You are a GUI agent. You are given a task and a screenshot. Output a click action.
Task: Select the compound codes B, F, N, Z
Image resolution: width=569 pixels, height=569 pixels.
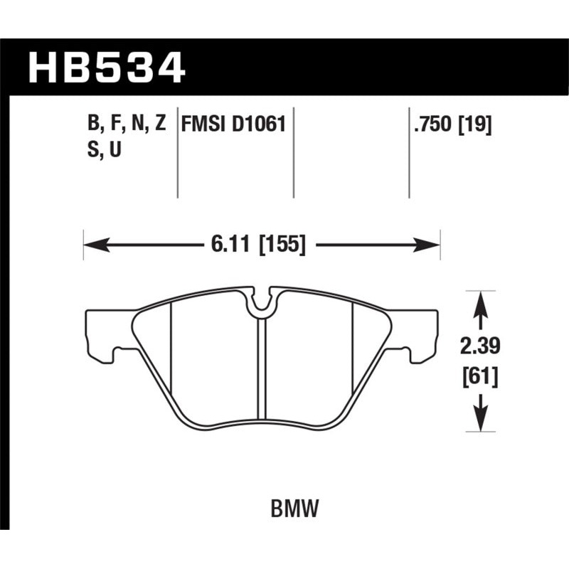(x=127, y=124)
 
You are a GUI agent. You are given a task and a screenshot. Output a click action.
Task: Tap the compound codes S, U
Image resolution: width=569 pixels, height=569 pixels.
(x=103, y=151)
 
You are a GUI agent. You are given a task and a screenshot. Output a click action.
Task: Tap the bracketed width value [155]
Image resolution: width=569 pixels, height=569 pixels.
(x=282, y=245)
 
